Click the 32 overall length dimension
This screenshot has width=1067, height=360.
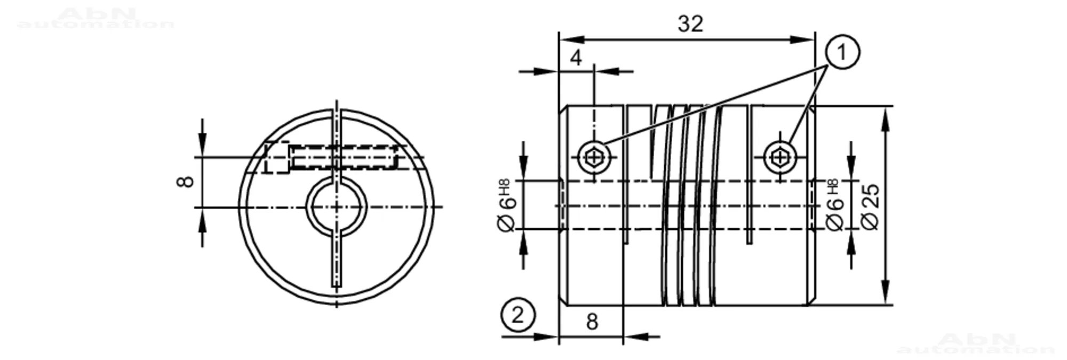[x=690, y=24]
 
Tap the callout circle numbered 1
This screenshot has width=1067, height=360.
[x=842, y=52]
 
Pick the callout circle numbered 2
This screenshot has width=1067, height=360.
[x=517, y=315]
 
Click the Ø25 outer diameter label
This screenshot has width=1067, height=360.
[x=870, y=207]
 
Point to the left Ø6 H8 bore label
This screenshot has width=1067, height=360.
[x=507, y=205]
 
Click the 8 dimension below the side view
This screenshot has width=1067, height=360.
[x=592, y=322]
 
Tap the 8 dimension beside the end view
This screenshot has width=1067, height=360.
[x=185, y=181]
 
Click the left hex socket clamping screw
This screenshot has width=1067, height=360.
[x=594, y=157]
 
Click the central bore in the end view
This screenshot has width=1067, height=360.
[x=336, y=206]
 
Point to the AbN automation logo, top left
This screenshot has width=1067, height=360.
[x=96, y=19]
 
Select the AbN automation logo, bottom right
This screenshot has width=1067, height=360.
[x=976, y=344]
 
